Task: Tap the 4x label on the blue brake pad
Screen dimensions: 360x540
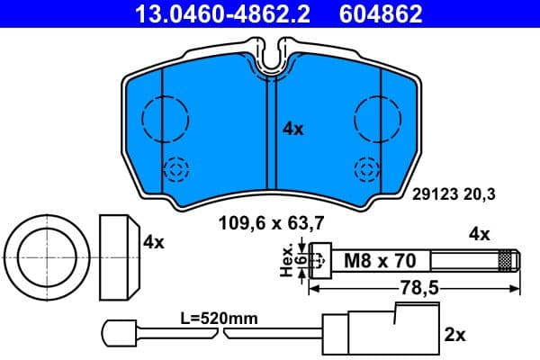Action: coord(293,129)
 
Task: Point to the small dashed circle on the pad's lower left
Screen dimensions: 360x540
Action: coord(176,168)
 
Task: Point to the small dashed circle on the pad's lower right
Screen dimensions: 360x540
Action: coord(366,168)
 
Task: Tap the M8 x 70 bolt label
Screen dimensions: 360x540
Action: coord(381,262)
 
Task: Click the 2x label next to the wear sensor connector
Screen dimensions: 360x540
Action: coord(454,335)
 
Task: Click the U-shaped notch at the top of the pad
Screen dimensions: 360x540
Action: coord(272,57)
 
